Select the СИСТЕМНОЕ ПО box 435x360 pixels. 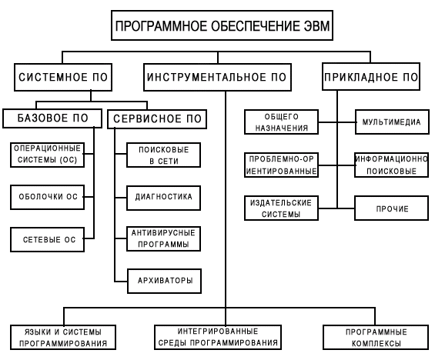coord(63,77)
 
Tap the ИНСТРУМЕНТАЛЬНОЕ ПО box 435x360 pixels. coord(217,77)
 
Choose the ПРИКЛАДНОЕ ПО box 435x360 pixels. coord(371,76)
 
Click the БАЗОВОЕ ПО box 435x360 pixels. coord(52,118)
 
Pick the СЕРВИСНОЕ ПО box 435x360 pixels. coord(157,119)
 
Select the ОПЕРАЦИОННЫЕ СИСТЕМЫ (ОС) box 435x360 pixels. coord(47,155)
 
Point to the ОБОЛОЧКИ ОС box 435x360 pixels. coord(47,197)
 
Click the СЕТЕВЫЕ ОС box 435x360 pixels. coord(47,240)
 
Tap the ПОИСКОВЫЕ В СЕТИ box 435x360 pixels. coord(164,155)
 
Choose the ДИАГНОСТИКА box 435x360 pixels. coord(164,198)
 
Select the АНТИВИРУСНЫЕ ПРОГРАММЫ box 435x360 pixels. coord(164,239)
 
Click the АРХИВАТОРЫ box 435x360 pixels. coord(165,281)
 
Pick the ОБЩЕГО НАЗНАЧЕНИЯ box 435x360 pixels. coord(281,122)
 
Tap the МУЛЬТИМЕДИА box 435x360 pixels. coord(393,122)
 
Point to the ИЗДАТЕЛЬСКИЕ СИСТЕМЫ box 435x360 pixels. coord(281,208)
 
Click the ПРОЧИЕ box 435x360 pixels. coord(392,208)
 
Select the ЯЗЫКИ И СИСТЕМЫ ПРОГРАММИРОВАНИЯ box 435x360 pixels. coord(63,337)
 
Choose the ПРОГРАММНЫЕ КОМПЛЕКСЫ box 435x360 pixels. coord(376,337)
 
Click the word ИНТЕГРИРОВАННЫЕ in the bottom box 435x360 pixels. coord(218,332)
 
